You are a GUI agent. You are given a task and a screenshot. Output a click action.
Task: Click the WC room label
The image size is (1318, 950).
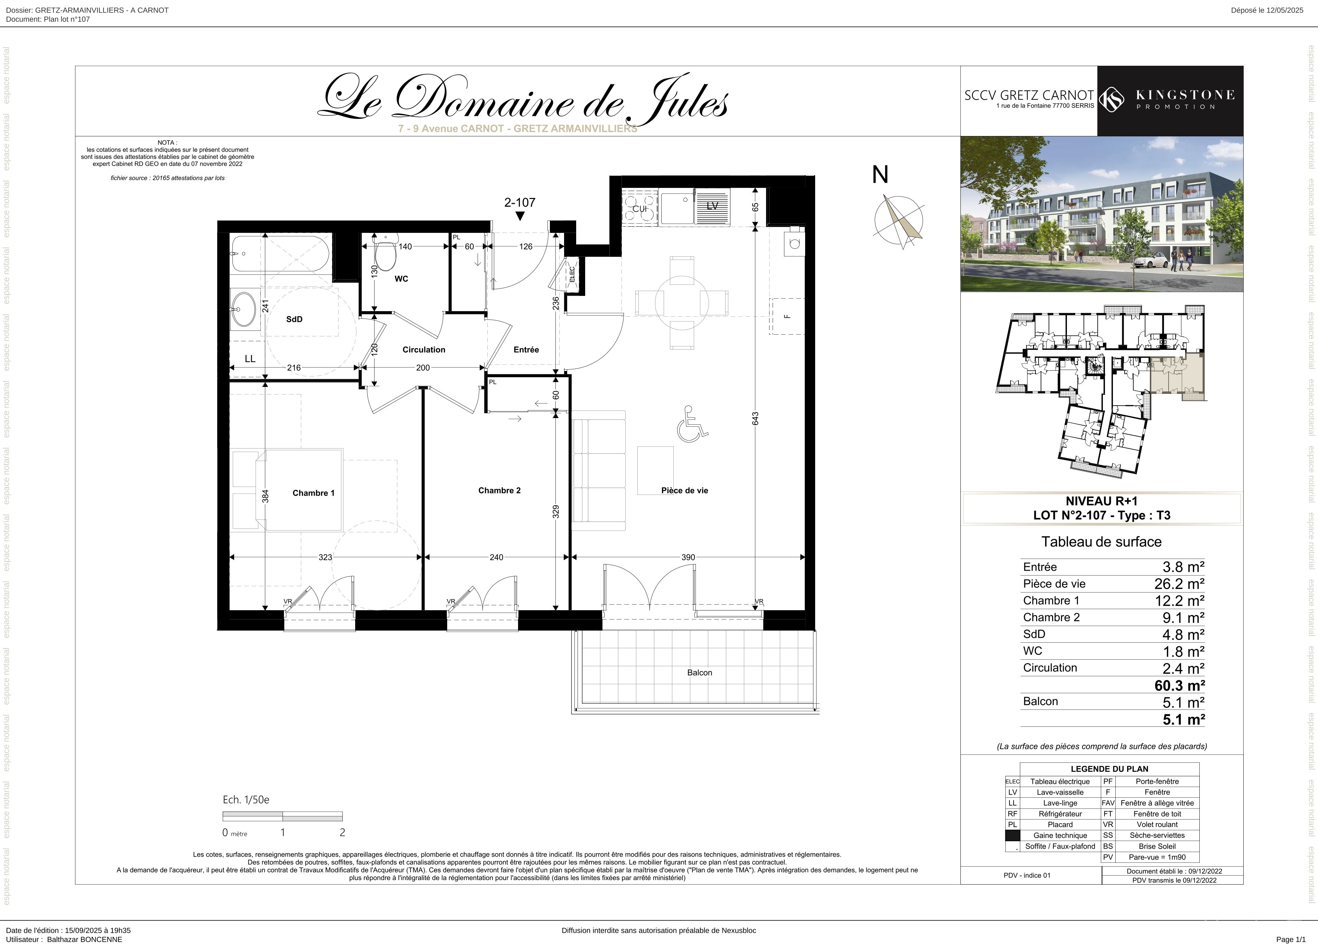pyautogui.click(x=401, y=279)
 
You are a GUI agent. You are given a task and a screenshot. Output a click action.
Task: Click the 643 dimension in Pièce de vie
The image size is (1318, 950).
pyautogui.click(x=755, y=419)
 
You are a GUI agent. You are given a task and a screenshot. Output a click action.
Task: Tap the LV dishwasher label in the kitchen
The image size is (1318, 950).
pyautogui.click(x=712, y=206)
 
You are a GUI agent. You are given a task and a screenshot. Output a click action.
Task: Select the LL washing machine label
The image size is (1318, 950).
pyautogui.click(x=250, y=359)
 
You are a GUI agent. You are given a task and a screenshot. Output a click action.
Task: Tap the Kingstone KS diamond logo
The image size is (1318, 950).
pyautogui.click(x=1112, y=99)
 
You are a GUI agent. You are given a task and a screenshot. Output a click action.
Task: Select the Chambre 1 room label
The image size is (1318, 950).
pyautogui.click(x=313, y=493)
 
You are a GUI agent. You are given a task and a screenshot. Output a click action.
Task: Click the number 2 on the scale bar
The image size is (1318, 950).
pyautogui.click(x=342, y=833)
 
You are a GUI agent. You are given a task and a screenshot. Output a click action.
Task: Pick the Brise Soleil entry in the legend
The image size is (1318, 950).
pyautogui.click(x=1157, y=847)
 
